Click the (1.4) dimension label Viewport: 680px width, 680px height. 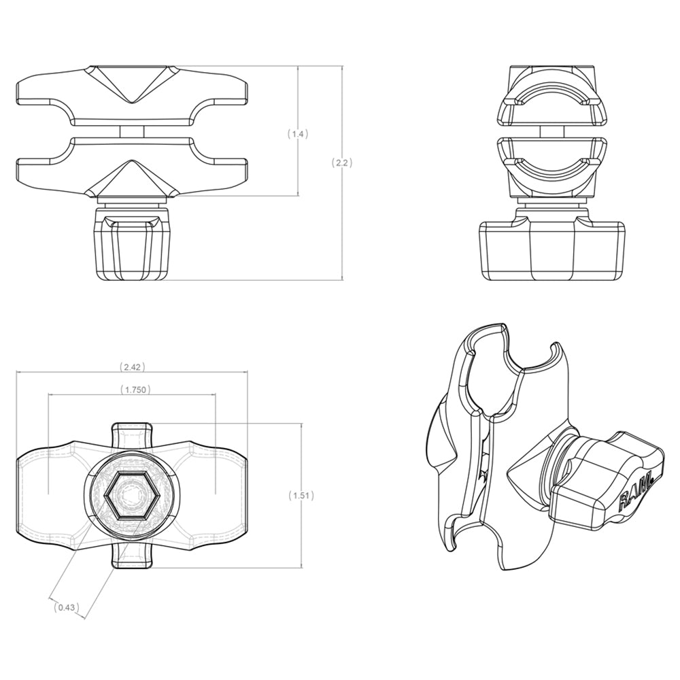(297, 134)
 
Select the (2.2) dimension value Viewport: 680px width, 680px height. (341, 163)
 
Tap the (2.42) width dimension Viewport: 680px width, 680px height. (132, 367)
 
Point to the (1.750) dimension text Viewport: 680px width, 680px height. (134, 390)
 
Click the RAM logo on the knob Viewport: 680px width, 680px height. (635, 492)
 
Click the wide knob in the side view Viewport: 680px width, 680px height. (551, 250)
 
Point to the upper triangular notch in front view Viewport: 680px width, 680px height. (132, 84)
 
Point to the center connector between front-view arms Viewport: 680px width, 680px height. (132, 131)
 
